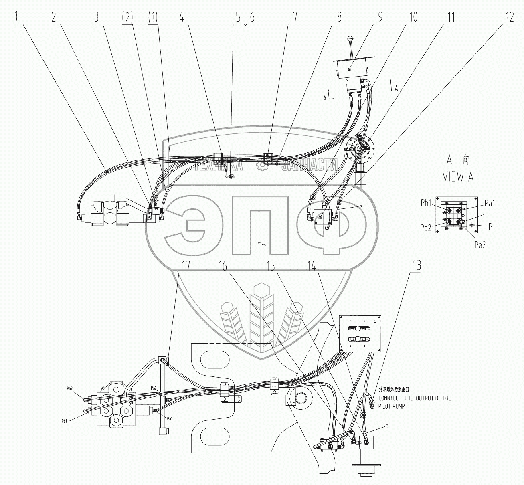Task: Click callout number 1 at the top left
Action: click(x=17, y=17)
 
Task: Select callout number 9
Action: click(x=378, y=17)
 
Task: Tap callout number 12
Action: click(x=509, y=17)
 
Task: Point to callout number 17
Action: click(x=184, y=266)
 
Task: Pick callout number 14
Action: click(x=312, y=266)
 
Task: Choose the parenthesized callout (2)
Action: click(x=127, y=17)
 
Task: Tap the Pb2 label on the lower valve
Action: click(x=72, y=389)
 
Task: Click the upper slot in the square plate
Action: click(x=360, y=328)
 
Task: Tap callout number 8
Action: click(x=339, y=17)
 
